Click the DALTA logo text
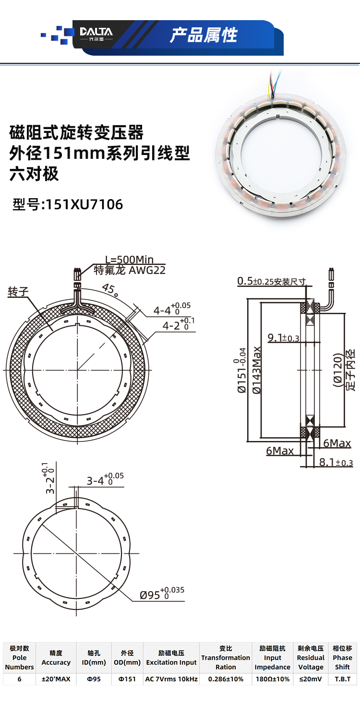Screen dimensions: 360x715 (96, 32)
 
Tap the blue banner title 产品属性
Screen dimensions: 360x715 (204, 35)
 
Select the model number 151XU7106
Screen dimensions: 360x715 (84, 204)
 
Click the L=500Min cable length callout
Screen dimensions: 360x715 (129, 259)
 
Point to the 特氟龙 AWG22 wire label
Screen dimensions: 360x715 (130, 270)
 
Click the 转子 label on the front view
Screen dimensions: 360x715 (18, 291)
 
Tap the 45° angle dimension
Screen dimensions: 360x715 (110, 290)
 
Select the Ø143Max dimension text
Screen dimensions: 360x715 (257, 370)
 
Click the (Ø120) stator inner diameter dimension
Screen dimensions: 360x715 (337, 370)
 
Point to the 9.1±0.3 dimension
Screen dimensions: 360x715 (283, 337)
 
